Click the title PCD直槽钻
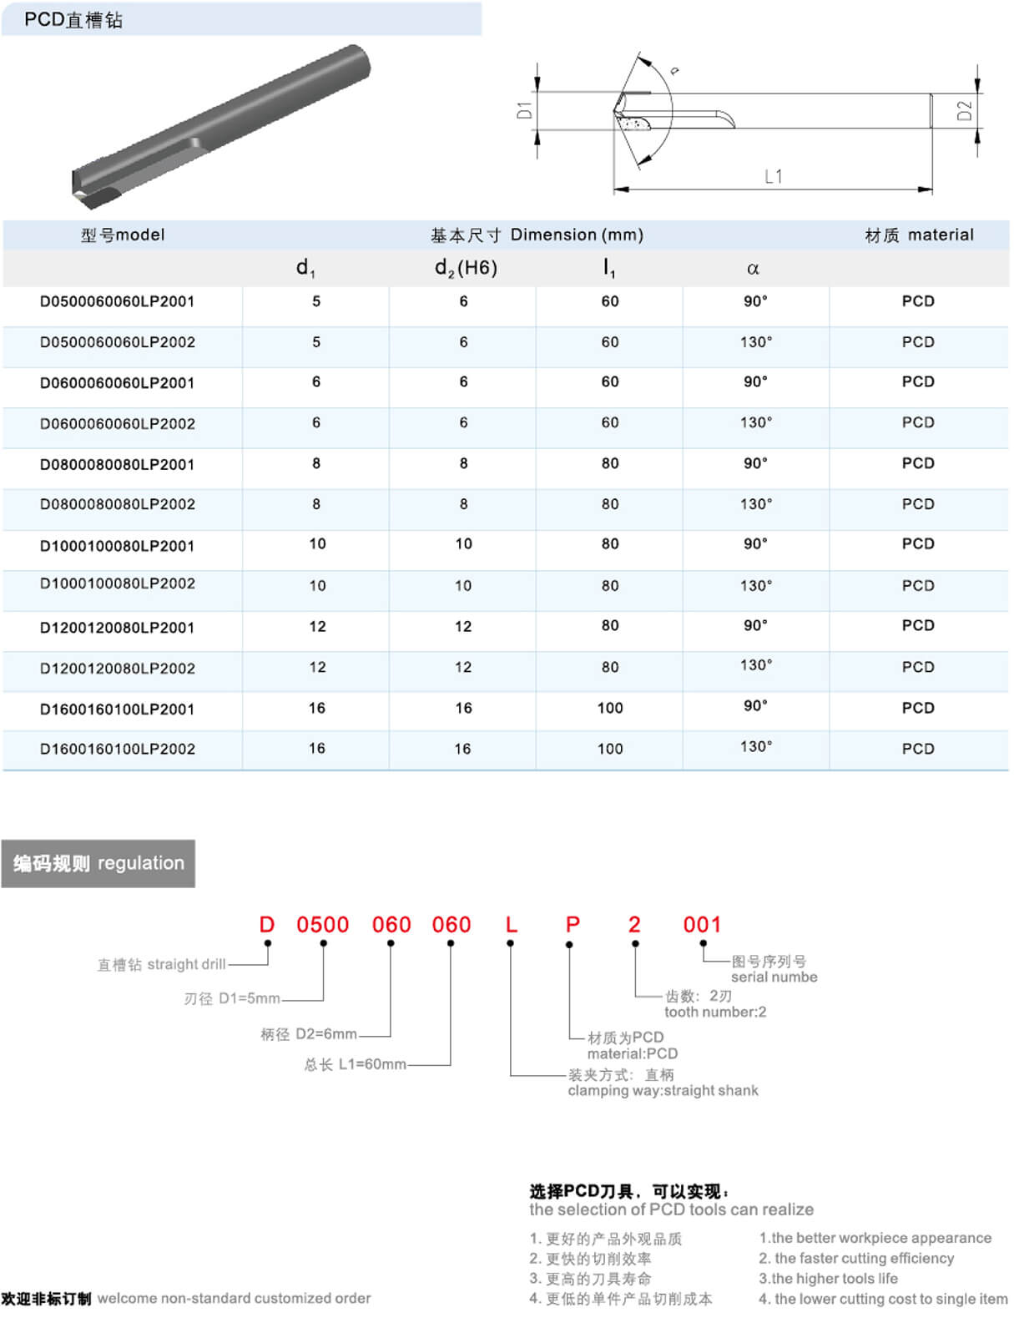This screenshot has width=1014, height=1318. (73, 19)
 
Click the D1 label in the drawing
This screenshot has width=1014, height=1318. (524, 110)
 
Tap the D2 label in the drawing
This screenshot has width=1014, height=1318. (964, 111)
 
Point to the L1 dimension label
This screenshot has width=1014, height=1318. (773, 176)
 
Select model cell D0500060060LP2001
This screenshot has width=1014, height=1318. (118, 301)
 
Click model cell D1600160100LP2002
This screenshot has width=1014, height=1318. (118, 749)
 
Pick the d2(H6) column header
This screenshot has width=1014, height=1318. (466, 268)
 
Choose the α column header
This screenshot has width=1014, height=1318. (753, 269)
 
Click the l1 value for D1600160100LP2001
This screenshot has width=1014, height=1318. (610, 708)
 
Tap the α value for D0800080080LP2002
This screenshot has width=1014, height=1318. (756, 504)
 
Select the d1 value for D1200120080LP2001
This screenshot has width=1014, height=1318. (317, 626)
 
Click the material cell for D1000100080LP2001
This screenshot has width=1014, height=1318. (918, 544)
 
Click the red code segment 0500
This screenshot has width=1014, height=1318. (323, 925)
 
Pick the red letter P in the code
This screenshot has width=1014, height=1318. (573, 925)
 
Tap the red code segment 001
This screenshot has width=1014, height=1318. (702, 925)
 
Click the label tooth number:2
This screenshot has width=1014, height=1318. (715, 1012)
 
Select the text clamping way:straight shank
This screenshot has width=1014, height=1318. (663, 1090)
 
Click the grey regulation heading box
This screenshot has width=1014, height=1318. (98, 863)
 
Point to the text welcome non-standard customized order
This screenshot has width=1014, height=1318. (234, 1298)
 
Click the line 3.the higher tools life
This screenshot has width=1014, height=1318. (828, 1278)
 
